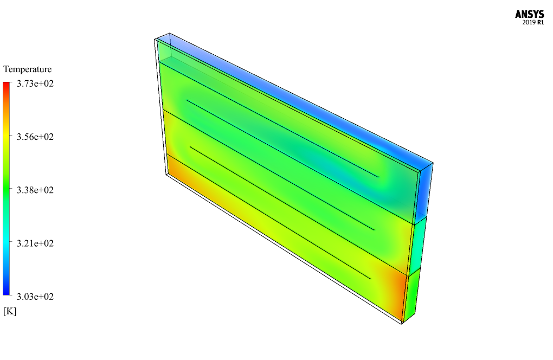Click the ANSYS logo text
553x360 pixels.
point(529,14)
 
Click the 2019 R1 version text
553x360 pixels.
point(533,23)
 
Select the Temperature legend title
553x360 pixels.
point(28,69)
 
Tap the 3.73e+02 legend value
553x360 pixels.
point(35,83)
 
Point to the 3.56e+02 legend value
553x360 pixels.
point(35,137)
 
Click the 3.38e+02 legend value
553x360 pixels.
point(35,190)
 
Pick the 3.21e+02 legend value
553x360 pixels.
point(35,243)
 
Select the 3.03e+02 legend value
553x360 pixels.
point(35,297)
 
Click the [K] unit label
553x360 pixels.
point(10,311)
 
